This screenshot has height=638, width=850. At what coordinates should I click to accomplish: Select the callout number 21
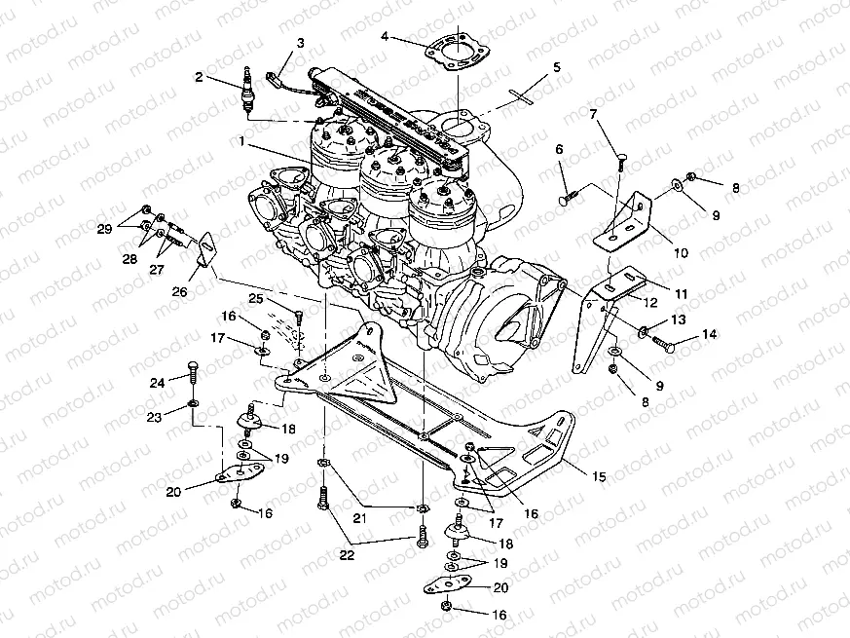tap(361, 518)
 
